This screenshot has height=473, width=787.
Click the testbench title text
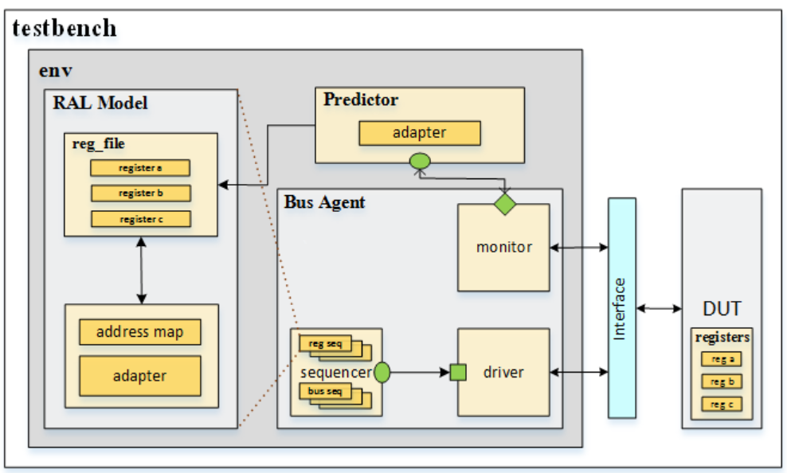click(65, 29)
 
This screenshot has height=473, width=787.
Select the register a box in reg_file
click(140, 168)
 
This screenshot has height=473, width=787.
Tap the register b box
click(140, 193)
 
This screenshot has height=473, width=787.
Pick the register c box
click(140, 219)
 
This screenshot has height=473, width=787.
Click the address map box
click(139, 331)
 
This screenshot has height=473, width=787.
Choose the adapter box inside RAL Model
click(139, 376)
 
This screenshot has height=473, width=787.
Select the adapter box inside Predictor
click(420, 133)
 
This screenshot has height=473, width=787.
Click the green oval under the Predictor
click(420, 162)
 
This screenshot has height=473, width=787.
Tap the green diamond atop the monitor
click(504, 204)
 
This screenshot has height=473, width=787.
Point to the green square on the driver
click(458, 372)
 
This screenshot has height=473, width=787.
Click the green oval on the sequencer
click(382, 372)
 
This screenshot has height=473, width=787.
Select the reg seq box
click(325, 343)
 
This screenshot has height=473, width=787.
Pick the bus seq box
click(325, 391)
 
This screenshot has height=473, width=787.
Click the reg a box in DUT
click(722, 358)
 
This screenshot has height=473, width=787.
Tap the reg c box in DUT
click(722, 405)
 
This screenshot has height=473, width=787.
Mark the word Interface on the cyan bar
click(621, 308)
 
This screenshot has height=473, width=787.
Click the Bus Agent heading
click(324, 202)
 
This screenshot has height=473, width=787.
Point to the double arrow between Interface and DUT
click(659, 308)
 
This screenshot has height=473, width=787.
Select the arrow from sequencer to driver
click(419, 372)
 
